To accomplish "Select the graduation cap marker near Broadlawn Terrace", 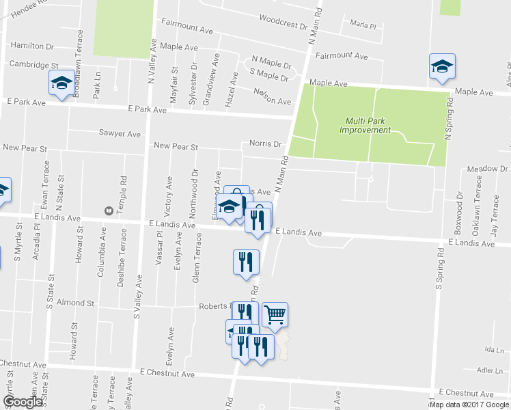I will coord(61,83).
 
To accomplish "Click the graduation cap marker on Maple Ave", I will coord(442,66).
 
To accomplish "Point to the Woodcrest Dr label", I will coord(284,25).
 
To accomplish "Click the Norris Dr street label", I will coord(266,144).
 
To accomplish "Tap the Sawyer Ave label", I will coord(120,134).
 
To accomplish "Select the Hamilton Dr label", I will coord(32,46).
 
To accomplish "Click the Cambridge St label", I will coord(33,64).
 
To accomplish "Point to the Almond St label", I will coord(74,302).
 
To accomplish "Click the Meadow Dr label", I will coord(488,169).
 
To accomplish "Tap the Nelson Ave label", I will coord(272,96).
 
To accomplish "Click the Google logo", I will coord(23,402).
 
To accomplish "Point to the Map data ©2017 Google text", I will coord(469,405).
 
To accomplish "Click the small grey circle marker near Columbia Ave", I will coord(107,210).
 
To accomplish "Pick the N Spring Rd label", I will coord(449,119).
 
